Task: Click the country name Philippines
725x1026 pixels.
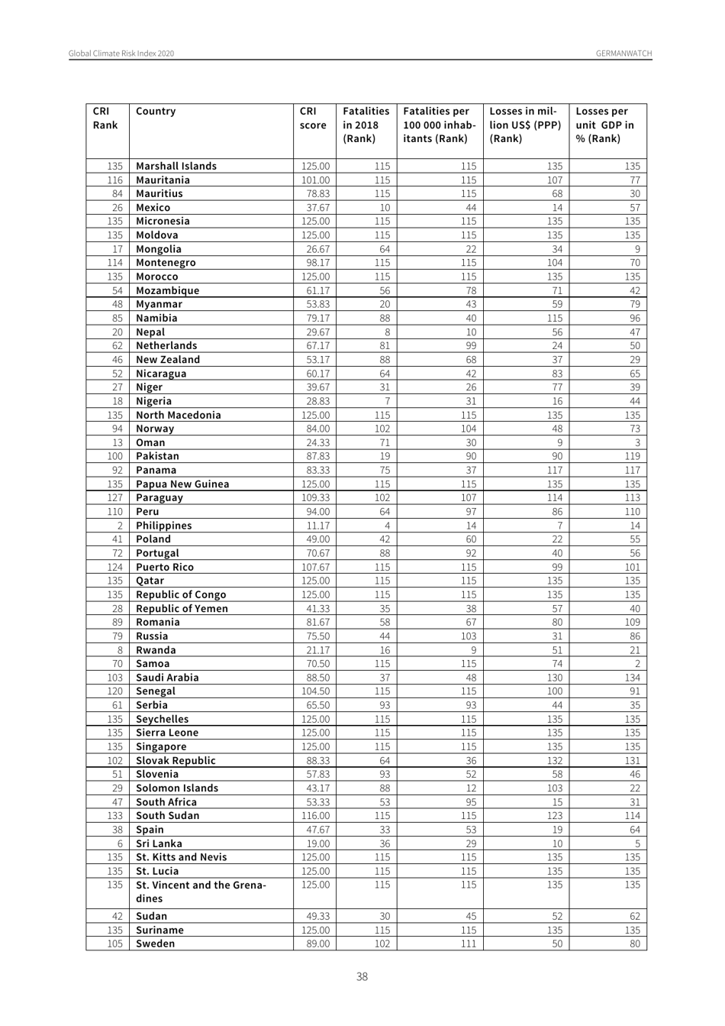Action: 164,526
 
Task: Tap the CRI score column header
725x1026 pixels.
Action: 313,118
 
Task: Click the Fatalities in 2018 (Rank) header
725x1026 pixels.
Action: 366,125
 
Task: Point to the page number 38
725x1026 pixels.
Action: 362,976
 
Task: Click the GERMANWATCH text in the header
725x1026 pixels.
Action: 623,53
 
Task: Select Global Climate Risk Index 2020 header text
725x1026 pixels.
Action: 121,53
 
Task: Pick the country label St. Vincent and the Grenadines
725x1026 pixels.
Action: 201,892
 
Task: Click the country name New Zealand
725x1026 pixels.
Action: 168,360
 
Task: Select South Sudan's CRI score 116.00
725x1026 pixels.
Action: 315,816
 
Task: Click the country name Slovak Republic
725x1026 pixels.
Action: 176,761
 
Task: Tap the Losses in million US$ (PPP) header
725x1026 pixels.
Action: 525,125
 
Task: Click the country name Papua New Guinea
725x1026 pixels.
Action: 182,484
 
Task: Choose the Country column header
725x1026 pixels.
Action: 156,112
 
